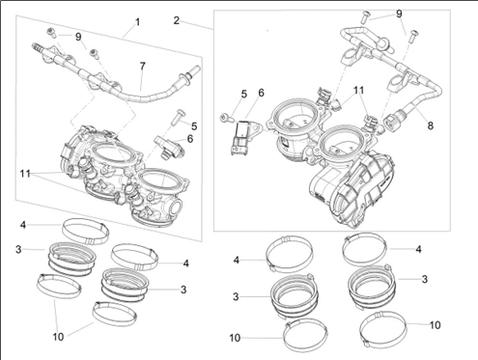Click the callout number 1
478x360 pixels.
tap(138, 22)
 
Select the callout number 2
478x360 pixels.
tap(176, 20)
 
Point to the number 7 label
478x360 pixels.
tap(142, 67)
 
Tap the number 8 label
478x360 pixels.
tap(431, 125)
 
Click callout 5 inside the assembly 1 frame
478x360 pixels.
tap(194, 126)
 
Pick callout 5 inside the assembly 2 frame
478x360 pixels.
tap(244, 95)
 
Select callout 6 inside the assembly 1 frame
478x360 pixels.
tap(190, 139)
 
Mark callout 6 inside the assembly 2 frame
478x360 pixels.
tap(261, 93)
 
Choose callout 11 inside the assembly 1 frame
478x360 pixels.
tap(25, 174)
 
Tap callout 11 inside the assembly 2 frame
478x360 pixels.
tap(358, 91)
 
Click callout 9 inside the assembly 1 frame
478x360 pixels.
tap(78, 37)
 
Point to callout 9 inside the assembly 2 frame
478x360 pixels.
tap(399, 14)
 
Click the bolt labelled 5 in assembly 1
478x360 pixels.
tap(178, 118)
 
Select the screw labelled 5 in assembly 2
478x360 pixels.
tap(226, 118)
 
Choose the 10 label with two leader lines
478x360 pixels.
tap(58, 337)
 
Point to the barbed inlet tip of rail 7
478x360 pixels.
tap(37, 47)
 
